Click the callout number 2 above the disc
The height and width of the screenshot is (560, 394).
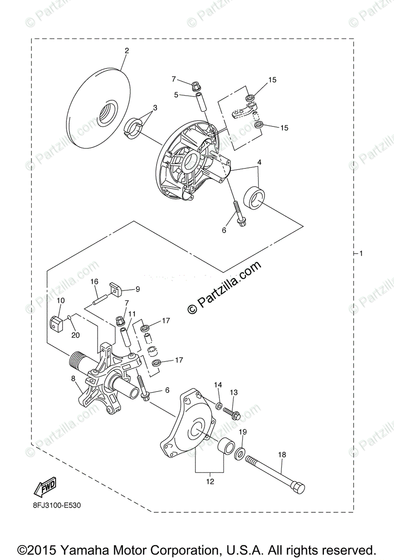(127, 50)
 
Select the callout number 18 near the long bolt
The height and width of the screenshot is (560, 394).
(282, 454)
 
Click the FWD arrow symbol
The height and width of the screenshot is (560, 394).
(45, 488)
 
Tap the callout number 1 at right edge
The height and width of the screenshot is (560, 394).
(360, 253)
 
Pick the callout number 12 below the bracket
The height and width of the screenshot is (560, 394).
(210, 481)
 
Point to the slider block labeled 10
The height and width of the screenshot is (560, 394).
(57, 322)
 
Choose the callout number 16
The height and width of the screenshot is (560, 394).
(94, 281)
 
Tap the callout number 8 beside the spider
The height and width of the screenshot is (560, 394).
(73, 378)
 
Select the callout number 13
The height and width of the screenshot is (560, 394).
(234, 392)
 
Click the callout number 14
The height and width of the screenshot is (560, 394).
(218, 385)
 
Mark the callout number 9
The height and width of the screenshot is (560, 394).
(137, 289)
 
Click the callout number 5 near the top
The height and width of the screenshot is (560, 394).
(176, 95)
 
